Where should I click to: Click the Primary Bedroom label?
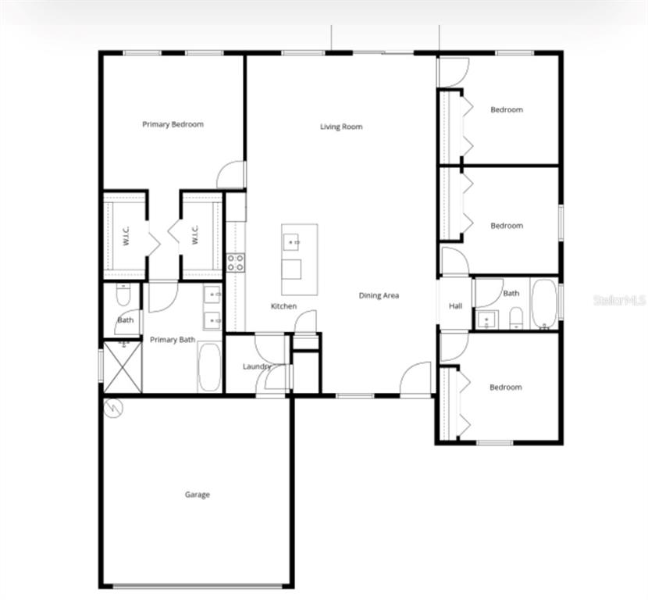(173, 124)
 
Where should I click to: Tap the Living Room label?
(341, 127)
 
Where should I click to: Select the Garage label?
(197, 495)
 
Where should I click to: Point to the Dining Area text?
(379, 295)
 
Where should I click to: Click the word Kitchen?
(283, 306)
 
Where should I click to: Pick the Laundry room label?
(256, 366)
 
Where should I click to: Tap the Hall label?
(455, 306)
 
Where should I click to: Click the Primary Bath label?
(173, 339)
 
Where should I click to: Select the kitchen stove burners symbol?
(235, 262)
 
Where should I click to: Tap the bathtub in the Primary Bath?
(209, 366)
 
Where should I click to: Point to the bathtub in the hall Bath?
(543, 304)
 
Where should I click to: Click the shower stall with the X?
(122, 365)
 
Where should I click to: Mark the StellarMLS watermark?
(619, 300)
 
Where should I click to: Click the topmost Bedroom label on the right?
(506, 110)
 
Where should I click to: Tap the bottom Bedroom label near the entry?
(505, 387)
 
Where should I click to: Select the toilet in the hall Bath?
(515, 317)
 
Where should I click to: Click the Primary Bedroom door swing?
(231, 175)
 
